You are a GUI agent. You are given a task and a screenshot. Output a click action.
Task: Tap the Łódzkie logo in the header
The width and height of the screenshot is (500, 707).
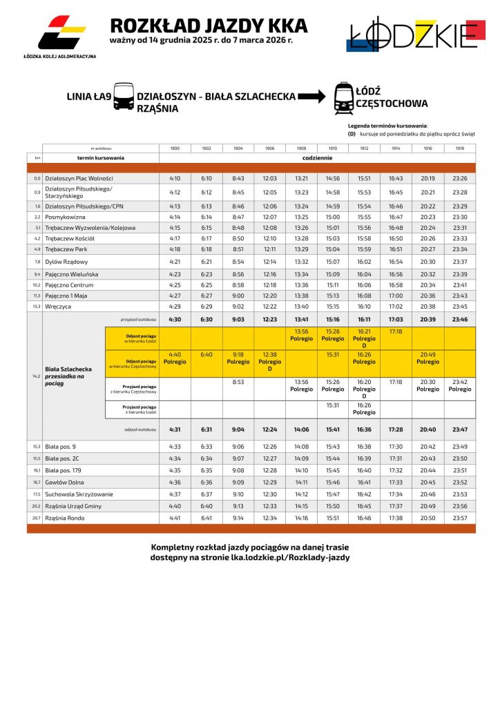pos(414,35)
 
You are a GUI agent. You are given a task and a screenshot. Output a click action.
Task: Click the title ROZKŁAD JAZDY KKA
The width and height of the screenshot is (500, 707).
pos(209,26)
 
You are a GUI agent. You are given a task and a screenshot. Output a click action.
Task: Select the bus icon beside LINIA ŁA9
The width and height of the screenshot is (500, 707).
pos(124,97)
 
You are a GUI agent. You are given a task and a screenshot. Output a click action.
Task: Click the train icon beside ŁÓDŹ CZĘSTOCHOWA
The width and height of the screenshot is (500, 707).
pos(343,97)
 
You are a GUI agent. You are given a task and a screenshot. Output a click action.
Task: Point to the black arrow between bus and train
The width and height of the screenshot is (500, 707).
pos(311,97)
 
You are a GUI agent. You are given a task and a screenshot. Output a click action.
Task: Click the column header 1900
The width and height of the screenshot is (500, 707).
pos(175,148)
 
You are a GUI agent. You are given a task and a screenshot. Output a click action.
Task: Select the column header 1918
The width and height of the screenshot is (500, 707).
pos(460,148)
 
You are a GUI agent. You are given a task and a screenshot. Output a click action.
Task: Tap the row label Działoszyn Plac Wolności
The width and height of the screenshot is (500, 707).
pos(78,178)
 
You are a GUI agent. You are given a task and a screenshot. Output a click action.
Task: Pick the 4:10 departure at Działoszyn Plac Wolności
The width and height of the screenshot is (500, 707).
pos(175,178)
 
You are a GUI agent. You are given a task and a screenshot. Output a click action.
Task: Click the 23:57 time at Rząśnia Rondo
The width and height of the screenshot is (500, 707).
pos(460,518)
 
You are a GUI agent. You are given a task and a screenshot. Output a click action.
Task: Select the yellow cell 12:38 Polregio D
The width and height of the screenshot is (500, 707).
pos(270,364)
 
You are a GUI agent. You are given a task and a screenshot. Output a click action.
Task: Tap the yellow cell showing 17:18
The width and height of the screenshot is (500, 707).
pos(396,331)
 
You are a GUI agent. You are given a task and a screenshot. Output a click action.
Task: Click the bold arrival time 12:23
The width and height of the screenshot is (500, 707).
pos(270,320)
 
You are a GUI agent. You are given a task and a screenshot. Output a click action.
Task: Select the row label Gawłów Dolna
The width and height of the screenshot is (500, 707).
pos(66,482)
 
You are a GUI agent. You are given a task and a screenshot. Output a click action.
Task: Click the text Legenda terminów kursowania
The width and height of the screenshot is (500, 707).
pos(387,126)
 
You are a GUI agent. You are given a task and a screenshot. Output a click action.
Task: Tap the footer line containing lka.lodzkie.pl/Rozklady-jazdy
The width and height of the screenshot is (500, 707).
pos(251,557)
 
